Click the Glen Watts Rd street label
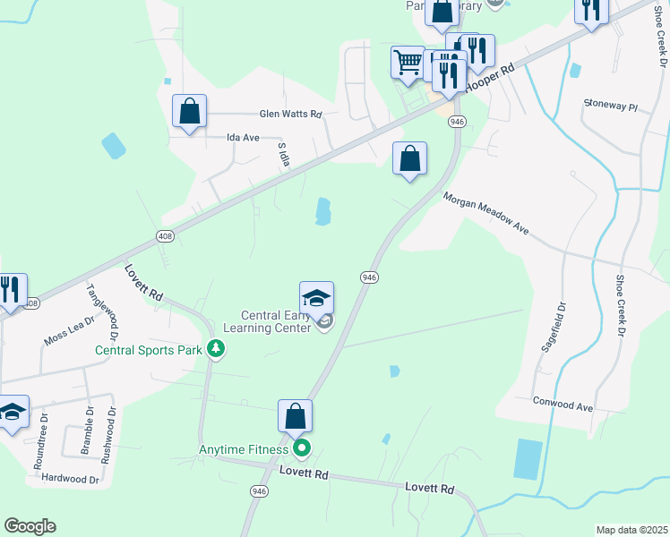pyautogui.click(x=289, y=114)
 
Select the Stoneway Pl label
pyautogui.click(x=609, y=106)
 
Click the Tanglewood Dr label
pyautogui.click(x=101, y=311)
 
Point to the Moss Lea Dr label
pyautogui.click(x=69, y=330)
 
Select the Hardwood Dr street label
pyautogui.click(x=69, y=479)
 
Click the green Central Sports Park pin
pyautogui.click(x=215, y=348)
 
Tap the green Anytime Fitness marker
pyautogui.click(x=302, y=447)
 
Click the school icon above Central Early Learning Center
pyautogui.click(x=316, y=298)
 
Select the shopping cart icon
pyautogui.click(x=408, y=63)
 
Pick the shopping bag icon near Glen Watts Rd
pyautogui.click(x=189, y=112)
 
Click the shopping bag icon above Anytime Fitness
pyautogui.click(x=295, y=416)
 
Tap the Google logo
pyautogui.click(x=30, y=526)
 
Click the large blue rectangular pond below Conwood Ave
pyautogui.click(x=528, y=458)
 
